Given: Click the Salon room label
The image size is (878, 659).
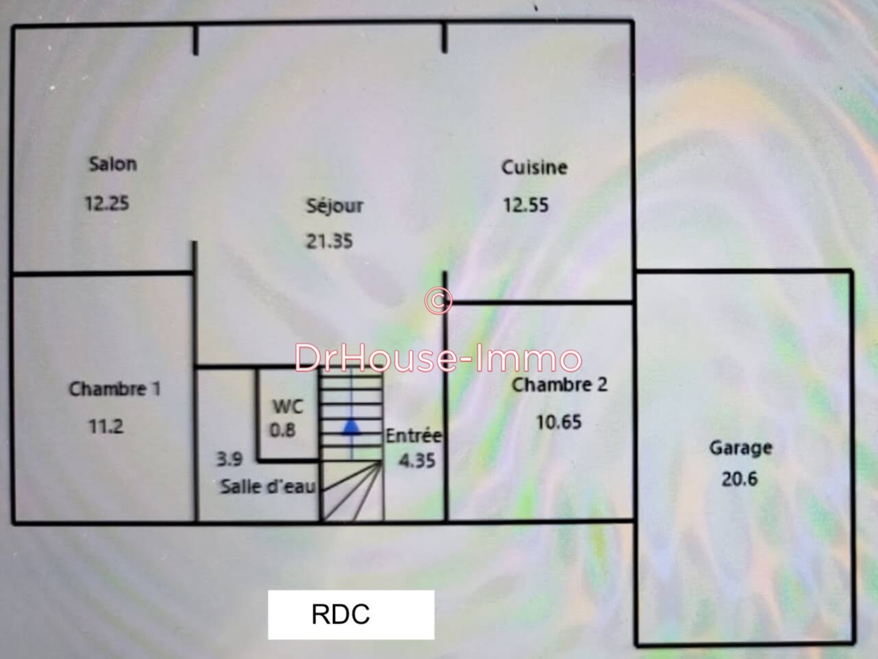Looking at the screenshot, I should click(113, 164).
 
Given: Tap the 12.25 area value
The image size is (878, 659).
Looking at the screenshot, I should click(107, 203).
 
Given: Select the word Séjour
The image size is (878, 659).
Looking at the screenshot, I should click(334, 206).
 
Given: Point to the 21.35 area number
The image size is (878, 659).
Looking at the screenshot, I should click(329, 241).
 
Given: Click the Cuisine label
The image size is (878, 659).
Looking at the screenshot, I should click(534, 168).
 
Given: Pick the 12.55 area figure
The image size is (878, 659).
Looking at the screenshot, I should click(526, 205).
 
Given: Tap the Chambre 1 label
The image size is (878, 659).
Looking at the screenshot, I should click(115, 389).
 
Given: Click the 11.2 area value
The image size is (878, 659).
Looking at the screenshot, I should click(106, 426).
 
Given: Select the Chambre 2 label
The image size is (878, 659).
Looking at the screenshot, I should click(559, 385).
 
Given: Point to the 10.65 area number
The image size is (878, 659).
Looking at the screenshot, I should click(559, 422).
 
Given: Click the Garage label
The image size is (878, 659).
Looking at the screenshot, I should click(741, 448).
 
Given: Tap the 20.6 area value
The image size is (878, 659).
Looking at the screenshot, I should click(740, 479).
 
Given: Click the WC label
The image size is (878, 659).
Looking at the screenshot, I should click(287, 407).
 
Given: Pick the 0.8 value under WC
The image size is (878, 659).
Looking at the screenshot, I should click(283, 430).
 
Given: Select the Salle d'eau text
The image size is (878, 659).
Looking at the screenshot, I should click(268, 486).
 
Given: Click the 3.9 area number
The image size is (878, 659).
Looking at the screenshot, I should click(229, 459).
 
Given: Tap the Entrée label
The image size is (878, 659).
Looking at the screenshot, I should click(414, 436).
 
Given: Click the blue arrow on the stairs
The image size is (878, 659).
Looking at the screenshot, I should click(351, 427).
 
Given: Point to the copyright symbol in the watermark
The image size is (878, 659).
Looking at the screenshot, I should click(438, 301).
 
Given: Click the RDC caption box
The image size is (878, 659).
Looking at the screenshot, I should click(351, 614).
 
